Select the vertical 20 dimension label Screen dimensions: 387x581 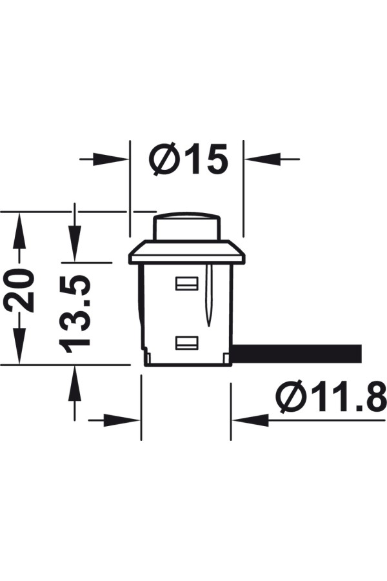(19, 290)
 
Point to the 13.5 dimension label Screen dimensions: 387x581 (75, 314)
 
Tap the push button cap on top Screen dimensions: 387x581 (188, 226)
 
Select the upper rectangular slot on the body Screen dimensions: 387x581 (186, 283)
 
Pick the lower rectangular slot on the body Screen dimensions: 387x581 (186, 343)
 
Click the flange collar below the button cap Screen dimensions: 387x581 (187, 252)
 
